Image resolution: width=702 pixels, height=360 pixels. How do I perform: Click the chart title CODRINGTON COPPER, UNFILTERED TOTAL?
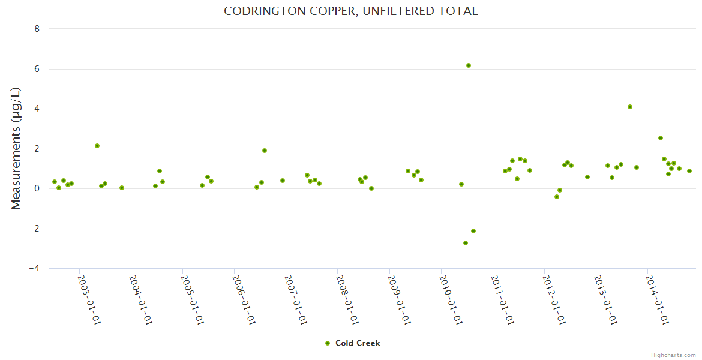pos(350,11)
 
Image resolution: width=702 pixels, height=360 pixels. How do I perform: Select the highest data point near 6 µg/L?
pos(469,65)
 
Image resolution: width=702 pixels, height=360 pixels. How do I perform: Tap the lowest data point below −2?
pos(466,243)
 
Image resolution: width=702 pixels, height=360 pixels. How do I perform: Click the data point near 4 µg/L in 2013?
pos(630,107)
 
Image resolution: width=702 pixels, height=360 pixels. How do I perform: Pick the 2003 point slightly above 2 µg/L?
pos(97,146)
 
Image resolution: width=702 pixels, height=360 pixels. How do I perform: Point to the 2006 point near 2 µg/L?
pos(265,151)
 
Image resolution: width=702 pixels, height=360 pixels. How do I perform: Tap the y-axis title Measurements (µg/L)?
pos(16,148)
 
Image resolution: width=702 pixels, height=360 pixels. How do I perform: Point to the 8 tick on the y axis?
pos(37,29)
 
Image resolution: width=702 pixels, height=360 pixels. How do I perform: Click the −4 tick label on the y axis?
pos(34,269)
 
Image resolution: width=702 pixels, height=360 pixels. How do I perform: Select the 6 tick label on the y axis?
pos(37,69)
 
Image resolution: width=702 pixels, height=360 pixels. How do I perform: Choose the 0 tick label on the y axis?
pos(37,189)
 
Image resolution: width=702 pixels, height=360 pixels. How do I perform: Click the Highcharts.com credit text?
pos(673,355)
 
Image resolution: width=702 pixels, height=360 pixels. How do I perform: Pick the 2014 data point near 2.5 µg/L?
pos(661,138)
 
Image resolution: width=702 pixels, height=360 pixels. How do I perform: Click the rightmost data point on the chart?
pos(689,171)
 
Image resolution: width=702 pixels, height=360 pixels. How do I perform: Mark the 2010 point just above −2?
pos(473,231)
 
